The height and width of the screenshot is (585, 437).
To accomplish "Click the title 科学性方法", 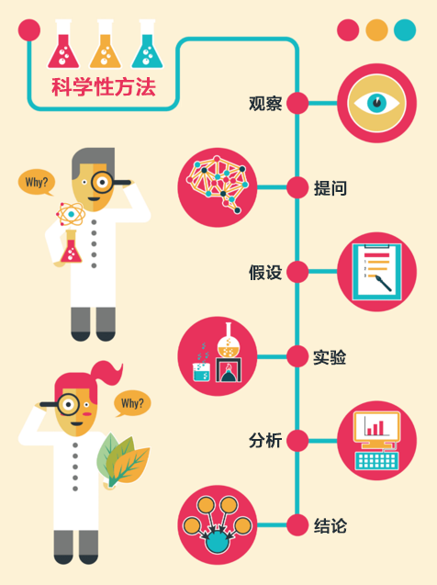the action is coord(104,87).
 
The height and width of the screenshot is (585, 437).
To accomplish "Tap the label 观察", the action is coord(265,104).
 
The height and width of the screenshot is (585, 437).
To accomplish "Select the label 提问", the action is coord(331,187).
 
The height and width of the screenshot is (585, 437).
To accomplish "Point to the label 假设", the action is coord(265,272).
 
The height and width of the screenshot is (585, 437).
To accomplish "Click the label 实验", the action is coord(330,357).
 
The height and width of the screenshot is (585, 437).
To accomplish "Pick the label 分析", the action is coord(265,441).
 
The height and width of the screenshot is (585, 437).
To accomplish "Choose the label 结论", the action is coord(331,525).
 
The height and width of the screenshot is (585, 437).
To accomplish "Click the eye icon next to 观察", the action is coord(376,103).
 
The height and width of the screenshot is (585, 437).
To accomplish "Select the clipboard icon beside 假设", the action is coord(376,272).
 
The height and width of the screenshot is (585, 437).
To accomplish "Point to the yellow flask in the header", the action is coord(106,44).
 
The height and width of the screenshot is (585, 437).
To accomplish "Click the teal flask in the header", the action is coord(147,44).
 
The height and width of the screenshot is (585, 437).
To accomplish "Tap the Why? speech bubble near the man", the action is coord(37,183).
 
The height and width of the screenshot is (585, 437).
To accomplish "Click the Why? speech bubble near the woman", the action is coord(132,403).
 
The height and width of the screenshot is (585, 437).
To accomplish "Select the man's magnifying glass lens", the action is coord(102,182).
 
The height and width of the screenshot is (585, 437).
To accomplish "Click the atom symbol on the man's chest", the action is coord(71,214).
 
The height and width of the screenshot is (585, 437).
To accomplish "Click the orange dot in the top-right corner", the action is coord(376,29).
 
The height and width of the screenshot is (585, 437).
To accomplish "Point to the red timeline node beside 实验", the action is coord(297,356).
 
